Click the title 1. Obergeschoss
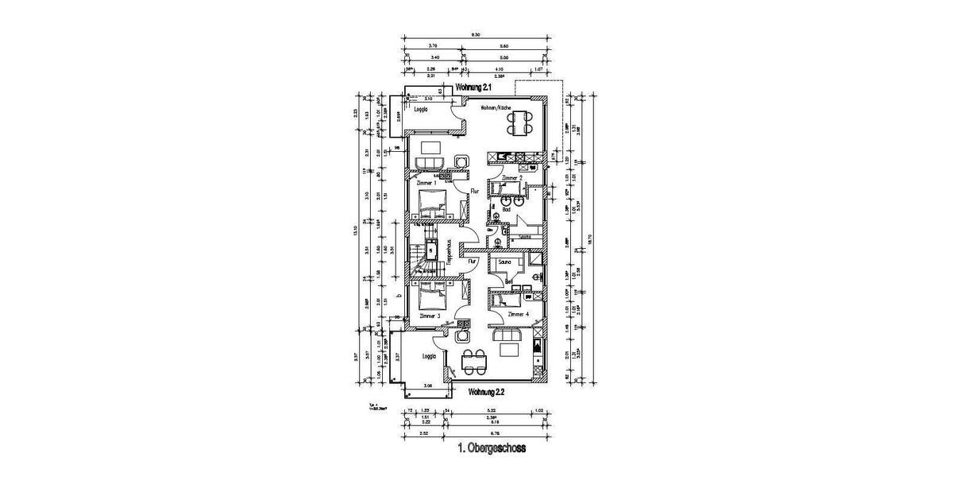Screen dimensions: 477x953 [492, 448]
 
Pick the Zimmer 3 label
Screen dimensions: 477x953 [429, 316]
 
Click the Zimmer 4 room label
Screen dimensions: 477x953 [517, 315]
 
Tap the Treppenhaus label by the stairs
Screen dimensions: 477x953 [449, 253]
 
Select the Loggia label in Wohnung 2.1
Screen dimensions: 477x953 [422, 111]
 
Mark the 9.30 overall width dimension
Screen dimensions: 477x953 [474, 36]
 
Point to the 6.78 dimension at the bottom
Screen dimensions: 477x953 [495, 433]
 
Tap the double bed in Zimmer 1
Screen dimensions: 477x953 [433, 204]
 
